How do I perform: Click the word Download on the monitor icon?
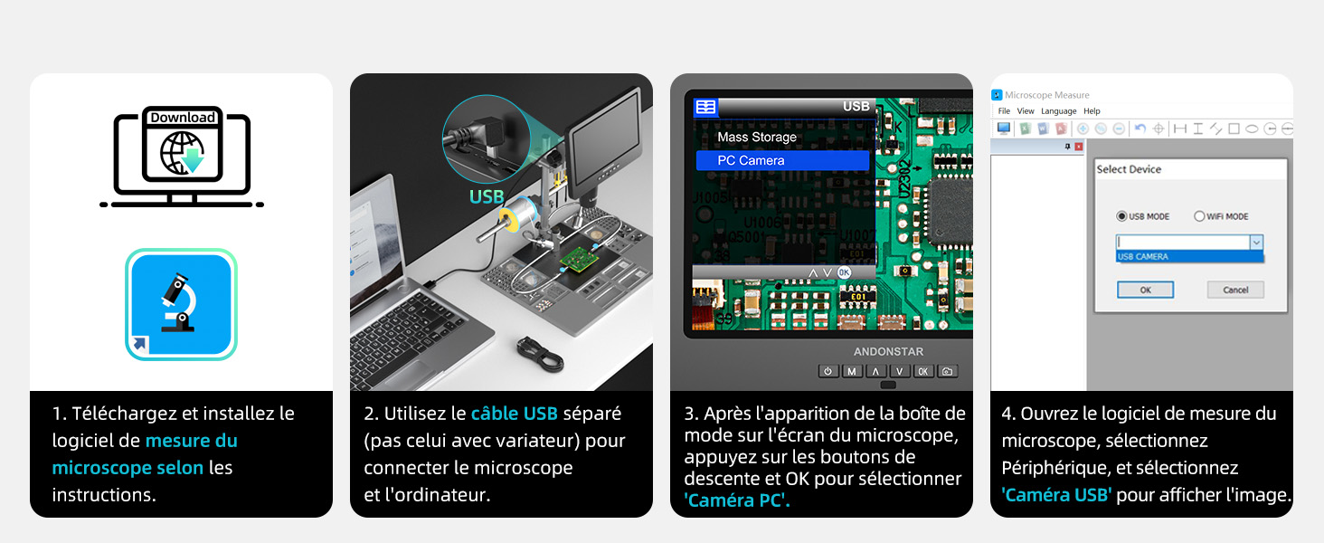tap(183, 118)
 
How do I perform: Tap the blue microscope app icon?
tap(181, 304)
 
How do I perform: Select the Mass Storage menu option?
tap(757, 138)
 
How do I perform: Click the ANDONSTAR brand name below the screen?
tap(888, 351)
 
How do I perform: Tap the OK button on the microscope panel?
tap(922, 371)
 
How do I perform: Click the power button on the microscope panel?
tap(828, 371)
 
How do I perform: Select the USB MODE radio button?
tap(1122, 216)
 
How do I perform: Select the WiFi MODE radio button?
tap(1200, 216)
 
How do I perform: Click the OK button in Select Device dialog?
tap(1145, 290)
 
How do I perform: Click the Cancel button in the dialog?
tap(1235, 290)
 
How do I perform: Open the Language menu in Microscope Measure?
tap(1059, 111)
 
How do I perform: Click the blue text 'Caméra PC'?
tap(736, 500)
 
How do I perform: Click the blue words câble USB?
tap(514, 414)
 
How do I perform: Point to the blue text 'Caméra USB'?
tap(1057, 495)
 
